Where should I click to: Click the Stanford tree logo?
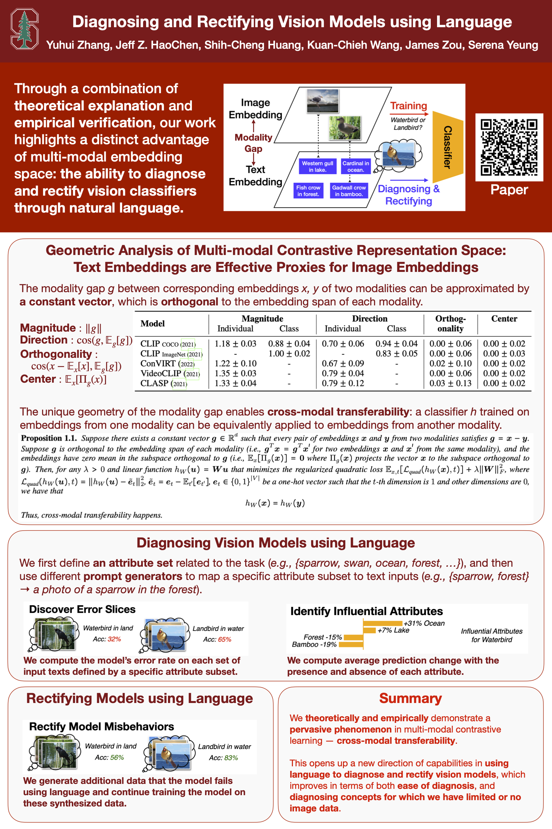coord(24,29)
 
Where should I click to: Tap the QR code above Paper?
coord(509,147)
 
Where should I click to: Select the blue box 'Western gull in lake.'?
coord(317,166)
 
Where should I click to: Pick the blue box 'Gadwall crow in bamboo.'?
coord(349,191)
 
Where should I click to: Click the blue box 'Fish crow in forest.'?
coord(308,191)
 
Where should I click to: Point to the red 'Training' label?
coord(408,106)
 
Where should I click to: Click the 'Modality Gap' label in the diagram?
coord(253,143)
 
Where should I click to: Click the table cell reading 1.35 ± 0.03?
coord(235,373)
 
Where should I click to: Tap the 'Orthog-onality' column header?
coord(450,323)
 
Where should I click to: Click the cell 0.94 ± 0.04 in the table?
coord(396,344)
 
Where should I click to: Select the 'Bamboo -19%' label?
coord(314,644)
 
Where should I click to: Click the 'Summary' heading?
coord(410,698)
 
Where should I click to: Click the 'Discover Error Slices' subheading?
coord(82,609)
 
